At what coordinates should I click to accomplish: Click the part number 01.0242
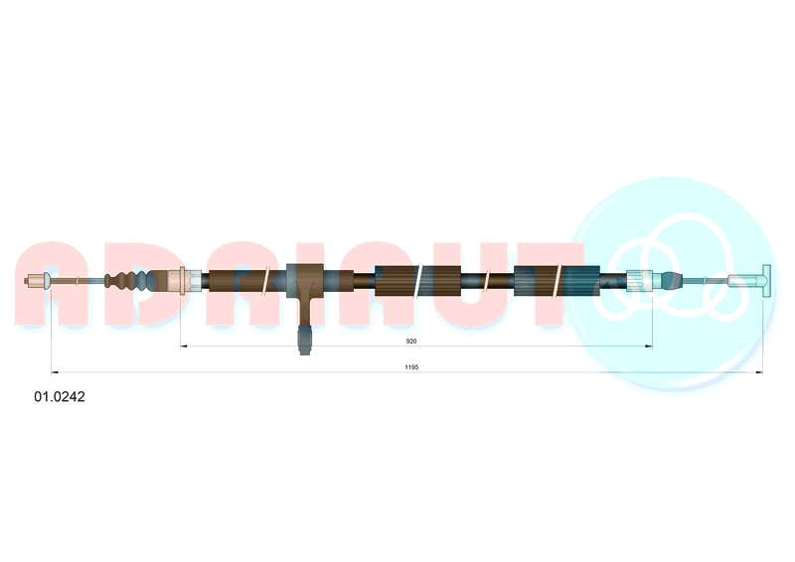(x=60, y=396)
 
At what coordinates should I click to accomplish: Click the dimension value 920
(x=411, y=341)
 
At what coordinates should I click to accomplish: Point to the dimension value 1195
(x=411, y=367)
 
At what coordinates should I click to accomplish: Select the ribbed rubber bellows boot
(x=131, y=280)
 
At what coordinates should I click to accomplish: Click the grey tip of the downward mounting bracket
(x=304, y=340)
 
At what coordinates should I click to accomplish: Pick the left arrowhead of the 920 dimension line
(x=184, y=347)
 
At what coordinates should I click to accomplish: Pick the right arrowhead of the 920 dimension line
(x=649, y=347)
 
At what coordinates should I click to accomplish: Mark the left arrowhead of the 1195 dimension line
(x=55, y=372)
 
